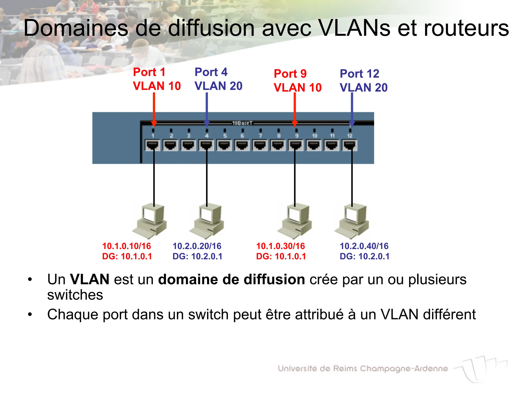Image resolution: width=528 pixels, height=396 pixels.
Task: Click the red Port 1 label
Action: pos(149,72)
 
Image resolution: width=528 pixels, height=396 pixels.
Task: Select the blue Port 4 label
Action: pos(211,72)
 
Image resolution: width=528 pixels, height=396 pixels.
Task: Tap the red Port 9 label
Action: pos(290,74)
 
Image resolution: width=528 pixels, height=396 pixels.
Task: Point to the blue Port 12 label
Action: pos(359,74)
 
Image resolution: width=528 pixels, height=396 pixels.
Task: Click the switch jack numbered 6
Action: pos(242,145)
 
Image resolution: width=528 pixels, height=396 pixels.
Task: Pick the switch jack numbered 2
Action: pos(171,145)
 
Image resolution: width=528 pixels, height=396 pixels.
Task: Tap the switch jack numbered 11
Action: pos(332,145)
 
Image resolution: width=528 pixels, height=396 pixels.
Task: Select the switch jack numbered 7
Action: pos(260,145)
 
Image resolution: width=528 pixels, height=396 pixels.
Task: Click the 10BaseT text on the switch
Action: pos(242,123)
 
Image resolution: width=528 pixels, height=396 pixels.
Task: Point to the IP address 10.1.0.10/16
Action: pos(127,246)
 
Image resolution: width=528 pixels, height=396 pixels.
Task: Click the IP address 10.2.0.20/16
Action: pos(197,246)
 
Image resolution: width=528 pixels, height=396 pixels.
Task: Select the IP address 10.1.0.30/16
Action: pos(280,246)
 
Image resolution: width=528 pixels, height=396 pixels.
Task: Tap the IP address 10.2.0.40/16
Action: pos(364,246)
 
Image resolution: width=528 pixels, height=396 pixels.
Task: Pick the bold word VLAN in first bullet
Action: pos(90,279)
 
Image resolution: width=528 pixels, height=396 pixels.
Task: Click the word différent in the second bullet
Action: pos(449,315)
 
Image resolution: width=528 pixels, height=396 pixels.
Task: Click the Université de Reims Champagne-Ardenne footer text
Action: pos(363,368)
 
